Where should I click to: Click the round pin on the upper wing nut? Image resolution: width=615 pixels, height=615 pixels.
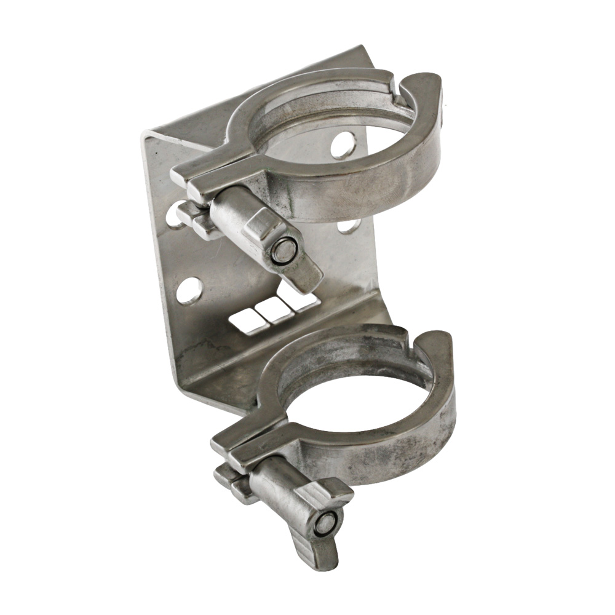[x=285, y=250]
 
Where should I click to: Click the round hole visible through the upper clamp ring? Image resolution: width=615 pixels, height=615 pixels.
[x=343, y=146]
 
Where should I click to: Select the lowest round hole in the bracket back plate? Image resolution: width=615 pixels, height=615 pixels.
[x=189, y=290]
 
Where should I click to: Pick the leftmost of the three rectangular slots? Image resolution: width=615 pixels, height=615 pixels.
[x=245, y=320]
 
